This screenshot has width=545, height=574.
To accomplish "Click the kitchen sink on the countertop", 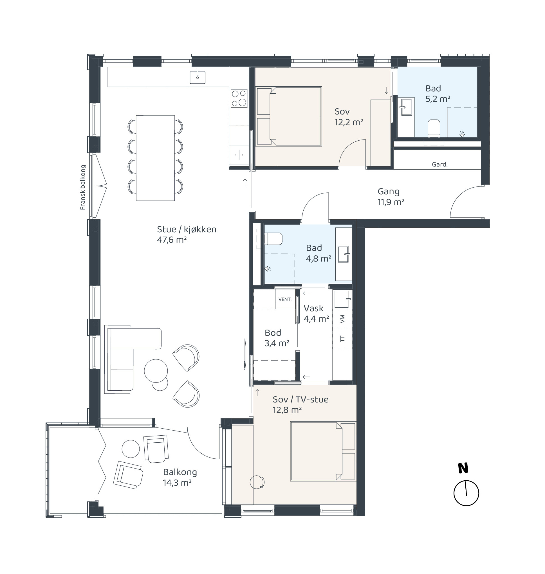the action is [197, 77].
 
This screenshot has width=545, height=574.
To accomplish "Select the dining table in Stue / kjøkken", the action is [155, 158].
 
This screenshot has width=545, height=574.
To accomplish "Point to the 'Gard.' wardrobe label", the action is [439, 165].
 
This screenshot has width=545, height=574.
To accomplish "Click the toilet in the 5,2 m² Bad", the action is [434, 128].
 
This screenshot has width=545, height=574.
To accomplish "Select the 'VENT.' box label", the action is [285, 299].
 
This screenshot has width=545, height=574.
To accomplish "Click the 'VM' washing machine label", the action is [342, 319].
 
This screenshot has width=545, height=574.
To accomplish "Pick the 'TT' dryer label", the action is [342, 339].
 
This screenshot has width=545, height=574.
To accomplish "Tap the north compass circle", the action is [466, 493].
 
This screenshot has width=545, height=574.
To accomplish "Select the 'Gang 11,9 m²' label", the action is [391, 197].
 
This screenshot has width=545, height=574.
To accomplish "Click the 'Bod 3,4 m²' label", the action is [277, 338].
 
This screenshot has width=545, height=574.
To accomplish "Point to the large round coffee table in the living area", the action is [156, 371].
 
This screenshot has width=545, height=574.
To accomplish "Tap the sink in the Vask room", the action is [342, 299].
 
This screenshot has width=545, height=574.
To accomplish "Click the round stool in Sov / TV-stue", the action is [257, 482].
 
